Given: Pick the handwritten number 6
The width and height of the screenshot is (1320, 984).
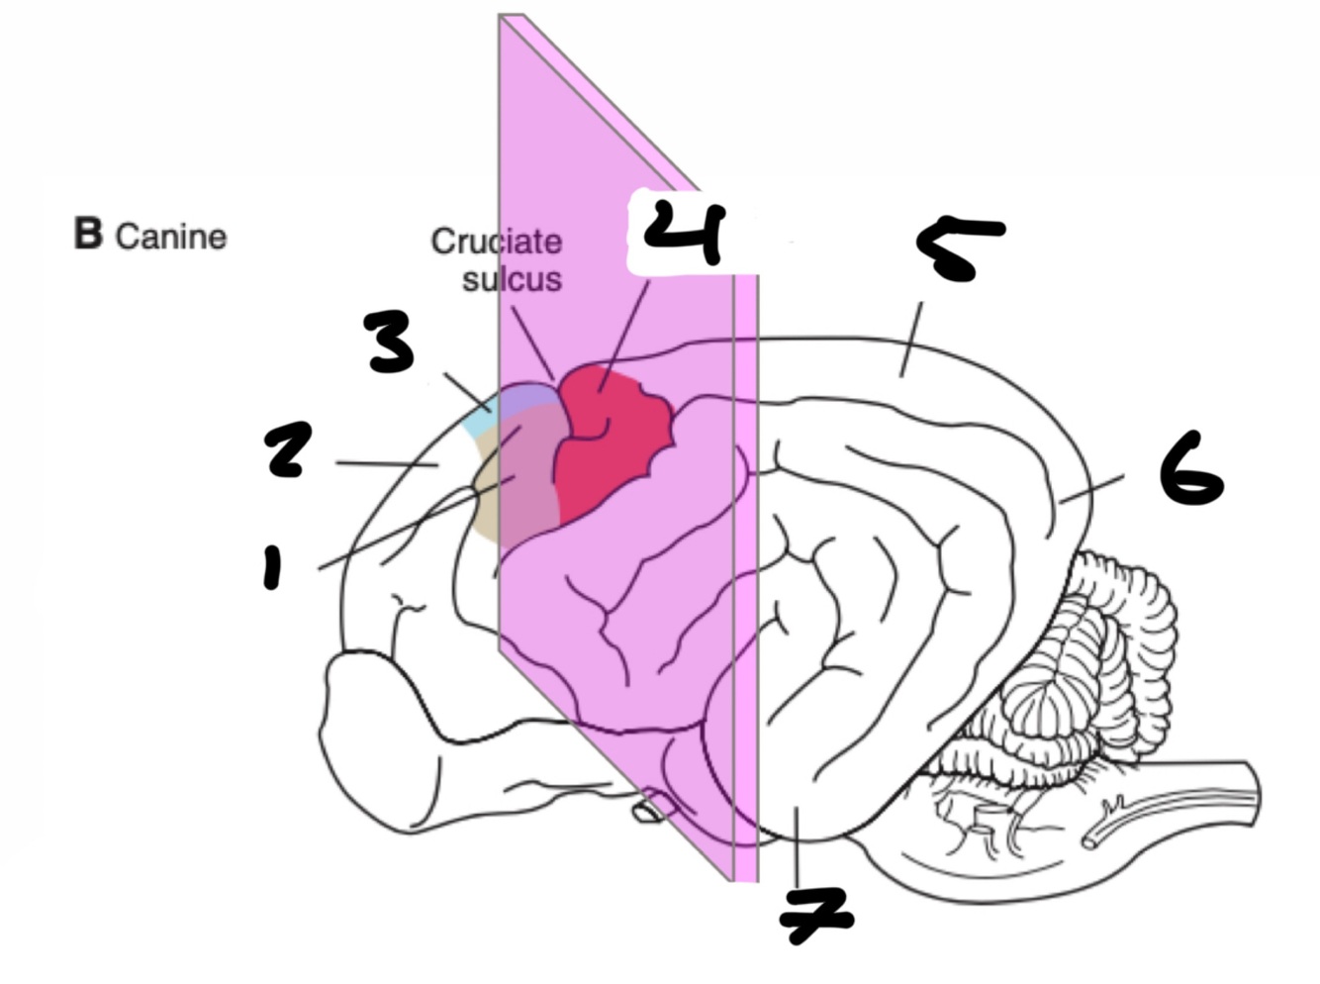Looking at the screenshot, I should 1192,469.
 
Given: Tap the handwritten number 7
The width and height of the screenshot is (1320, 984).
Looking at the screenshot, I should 815,913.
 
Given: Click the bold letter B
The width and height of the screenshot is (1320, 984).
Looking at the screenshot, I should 88,235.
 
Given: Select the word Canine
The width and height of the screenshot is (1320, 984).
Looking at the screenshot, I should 171,238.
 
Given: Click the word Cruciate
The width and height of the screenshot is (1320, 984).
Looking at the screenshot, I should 496,242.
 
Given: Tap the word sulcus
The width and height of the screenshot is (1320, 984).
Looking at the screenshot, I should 512,279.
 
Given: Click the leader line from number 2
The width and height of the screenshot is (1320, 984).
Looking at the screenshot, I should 386,462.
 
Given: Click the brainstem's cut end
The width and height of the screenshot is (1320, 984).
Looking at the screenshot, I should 1253,792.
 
